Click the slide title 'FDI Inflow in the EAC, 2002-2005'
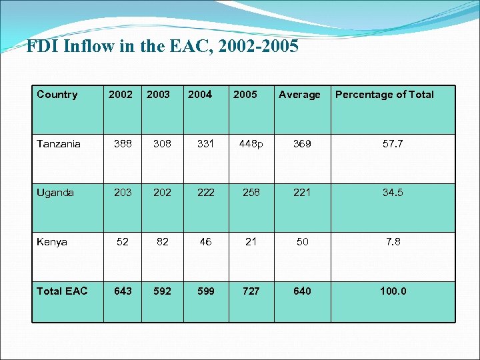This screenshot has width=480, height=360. point(162,47)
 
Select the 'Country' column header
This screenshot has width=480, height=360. point(57,95)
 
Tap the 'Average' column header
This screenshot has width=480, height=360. point(299,95)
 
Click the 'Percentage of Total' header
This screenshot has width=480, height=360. point(384,95)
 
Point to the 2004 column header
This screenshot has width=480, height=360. point(200,95)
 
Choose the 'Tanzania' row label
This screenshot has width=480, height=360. point(59,144)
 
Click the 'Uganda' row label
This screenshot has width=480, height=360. point(55,193)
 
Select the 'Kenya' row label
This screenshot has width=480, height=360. point(52,242)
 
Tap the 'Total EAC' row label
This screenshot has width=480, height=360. point(62,291)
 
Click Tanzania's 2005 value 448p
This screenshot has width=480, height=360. point(251,144)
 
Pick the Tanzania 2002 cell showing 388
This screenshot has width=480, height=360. point(123,144)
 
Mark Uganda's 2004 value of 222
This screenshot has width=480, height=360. point(205,193)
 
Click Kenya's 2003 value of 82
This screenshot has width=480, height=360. point(162,242)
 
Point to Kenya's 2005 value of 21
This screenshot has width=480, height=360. point(251,242)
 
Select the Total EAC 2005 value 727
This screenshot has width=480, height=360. point(251,291)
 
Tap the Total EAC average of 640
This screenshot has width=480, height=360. point(302,291)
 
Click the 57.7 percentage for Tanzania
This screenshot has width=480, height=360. point(393,144)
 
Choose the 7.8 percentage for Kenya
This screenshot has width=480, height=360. point(393,242)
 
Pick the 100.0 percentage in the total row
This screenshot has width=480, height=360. point(393,291)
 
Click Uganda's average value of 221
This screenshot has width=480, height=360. point(302,193)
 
